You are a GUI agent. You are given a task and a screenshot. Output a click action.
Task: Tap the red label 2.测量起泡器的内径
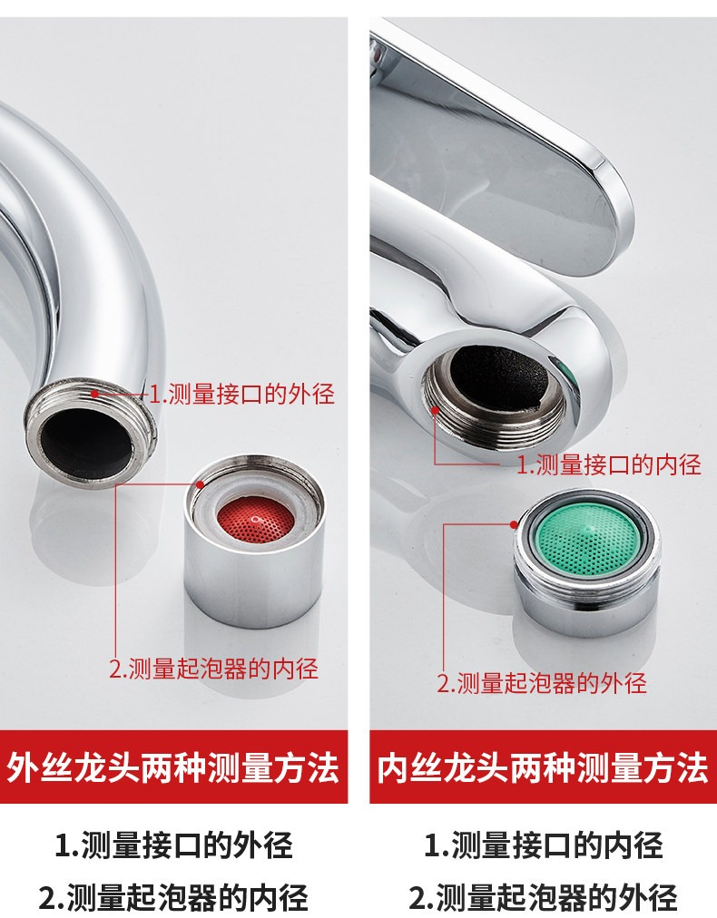coord(214,668)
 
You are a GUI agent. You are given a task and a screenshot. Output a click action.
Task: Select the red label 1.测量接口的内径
coord(609,464)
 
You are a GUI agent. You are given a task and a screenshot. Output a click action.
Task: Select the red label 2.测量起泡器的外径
coord(542,683)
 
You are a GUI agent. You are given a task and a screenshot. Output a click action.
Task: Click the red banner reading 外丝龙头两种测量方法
coord(173,767)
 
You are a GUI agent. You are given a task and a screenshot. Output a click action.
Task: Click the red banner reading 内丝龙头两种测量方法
coord(543,767)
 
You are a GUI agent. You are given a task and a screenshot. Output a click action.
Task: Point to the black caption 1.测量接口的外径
coord(173,845)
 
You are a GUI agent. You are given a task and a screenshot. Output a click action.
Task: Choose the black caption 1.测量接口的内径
coord(543,845)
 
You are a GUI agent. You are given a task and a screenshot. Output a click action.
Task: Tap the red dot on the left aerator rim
coord(200,484)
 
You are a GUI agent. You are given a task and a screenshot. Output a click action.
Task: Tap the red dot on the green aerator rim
coord(514,524)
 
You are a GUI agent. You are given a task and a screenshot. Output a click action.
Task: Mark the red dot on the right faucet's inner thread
coord(435,410)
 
